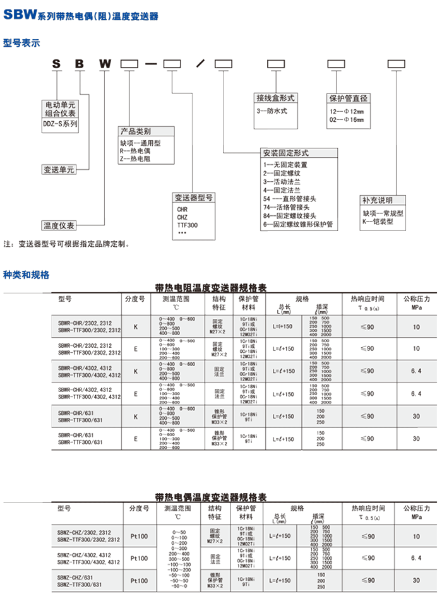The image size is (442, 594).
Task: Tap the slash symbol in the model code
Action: (200, 64)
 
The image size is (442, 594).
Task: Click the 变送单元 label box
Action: (59, 170)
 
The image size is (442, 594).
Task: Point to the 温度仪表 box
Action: (59, 225)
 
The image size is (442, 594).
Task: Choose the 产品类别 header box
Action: (135, 132)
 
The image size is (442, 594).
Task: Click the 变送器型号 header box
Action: (194, 198)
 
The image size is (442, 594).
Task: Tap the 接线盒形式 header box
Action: (276, 98)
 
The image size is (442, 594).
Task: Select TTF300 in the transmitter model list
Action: (188, 225)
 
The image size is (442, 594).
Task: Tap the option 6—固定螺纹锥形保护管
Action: (297, 224)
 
